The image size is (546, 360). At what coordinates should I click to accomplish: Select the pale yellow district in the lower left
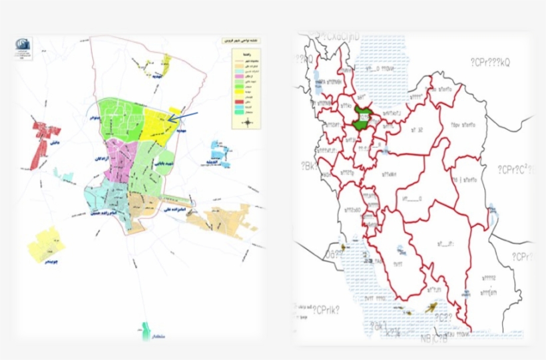click(x=46, y=244)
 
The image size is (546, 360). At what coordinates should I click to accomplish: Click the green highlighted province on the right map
click(x=363, y=116)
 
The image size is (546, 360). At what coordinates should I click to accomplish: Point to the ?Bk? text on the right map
click(x=309, y=166)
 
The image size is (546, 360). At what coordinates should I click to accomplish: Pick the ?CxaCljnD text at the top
click(x=340, y=36)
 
